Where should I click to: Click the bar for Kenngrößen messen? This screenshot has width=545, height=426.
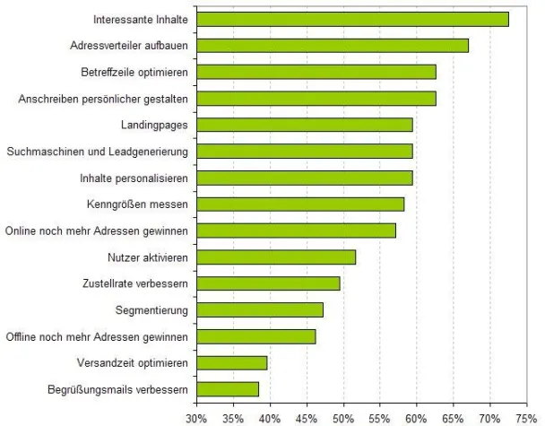tap(300, 204)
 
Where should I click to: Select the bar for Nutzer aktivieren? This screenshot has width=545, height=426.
tap(276, 257)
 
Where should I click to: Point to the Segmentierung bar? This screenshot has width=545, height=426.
tap(260, 310)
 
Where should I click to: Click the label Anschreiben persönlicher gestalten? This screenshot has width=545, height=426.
tap(103, 99)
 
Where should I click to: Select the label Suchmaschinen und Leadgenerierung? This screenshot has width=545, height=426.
tap(97, 152)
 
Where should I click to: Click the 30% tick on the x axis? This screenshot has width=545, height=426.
tap(196, 417)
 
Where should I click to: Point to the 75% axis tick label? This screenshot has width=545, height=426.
tap(526, 417)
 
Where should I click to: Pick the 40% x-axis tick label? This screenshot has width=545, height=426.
tap(270, 417)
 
